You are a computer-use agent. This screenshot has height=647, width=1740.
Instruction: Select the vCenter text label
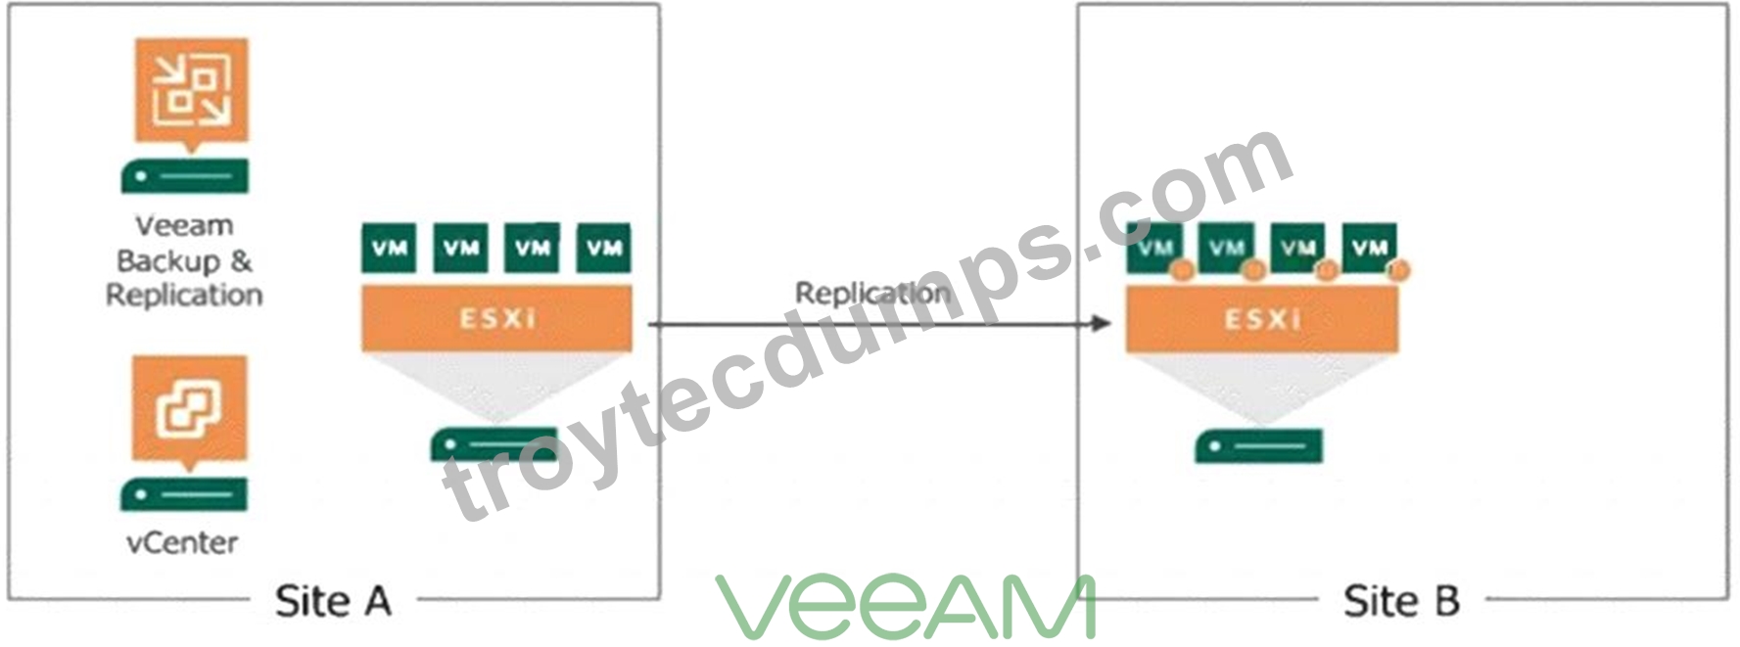click(182, 543)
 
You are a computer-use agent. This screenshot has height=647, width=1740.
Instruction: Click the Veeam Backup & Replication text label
click(184, 260)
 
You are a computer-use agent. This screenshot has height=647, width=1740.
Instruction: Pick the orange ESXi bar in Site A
click(496, 318)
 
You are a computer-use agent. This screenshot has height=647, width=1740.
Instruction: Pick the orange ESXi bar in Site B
click(1261, 319)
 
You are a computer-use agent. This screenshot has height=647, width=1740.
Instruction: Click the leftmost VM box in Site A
click(389, 248)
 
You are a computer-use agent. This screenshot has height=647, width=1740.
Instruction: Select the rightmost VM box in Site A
click(604, 248)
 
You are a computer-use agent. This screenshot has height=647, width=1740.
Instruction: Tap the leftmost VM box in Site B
click(1153, 248)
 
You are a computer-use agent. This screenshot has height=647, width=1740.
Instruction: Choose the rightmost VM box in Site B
click(1369, 248)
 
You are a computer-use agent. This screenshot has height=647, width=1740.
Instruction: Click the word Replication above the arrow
click(871, 293)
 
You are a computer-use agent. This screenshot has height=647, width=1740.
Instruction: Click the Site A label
click(333, 601)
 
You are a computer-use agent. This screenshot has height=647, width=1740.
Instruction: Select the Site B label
click(1401, 601)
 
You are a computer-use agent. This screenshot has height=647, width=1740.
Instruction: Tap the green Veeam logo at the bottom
click(905, 606)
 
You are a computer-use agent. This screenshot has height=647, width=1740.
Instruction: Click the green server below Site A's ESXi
click(494, 445)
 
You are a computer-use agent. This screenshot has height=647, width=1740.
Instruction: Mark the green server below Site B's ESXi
click(1258, 446)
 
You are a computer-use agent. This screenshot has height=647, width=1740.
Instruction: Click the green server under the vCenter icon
click(184, 495)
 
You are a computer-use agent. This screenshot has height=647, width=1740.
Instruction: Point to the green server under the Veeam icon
click(185, 176)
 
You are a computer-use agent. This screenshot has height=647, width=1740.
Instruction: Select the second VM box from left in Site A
click(461, 248)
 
